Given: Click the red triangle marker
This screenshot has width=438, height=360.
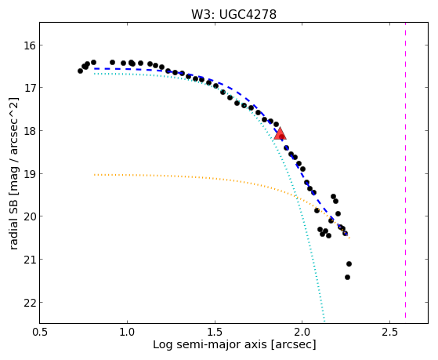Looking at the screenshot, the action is pos(280,133).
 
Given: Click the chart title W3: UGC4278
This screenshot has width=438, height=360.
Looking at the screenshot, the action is pos(233,14).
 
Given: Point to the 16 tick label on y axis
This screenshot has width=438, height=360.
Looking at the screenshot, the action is pos(28,45).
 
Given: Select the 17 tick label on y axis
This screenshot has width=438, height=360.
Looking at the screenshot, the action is pos(28,88).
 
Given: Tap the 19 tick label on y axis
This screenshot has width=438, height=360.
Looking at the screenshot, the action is pos(28,173).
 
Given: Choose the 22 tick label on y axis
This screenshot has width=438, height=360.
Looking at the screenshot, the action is pos(28,303).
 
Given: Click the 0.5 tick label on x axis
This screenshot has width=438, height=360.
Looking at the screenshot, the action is pos(40,332).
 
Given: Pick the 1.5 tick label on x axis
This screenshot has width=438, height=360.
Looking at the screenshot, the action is pos(215,332).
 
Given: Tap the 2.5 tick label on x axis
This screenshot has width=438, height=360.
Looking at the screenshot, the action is pos(389,332).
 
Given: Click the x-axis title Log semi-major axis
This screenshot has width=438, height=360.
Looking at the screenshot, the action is pos(209,344).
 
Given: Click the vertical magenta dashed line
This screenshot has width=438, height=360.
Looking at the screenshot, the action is pos(405,170).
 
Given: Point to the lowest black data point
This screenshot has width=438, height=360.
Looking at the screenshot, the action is pos(347,277).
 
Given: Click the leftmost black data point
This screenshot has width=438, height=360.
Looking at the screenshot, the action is pos(80,71).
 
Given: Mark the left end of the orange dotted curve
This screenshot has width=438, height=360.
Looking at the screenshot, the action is pos(95,175).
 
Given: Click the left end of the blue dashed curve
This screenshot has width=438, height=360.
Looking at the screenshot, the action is pos(95,68).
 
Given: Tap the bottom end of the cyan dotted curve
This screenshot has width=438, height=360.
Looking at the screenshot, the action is pos(324,322).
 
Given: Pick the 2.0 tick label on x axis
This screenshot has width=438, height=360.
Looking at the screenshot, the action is pos(302,332).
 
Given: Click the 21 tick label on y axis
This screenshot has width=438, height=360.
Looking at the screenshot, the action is pos(28,260).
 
